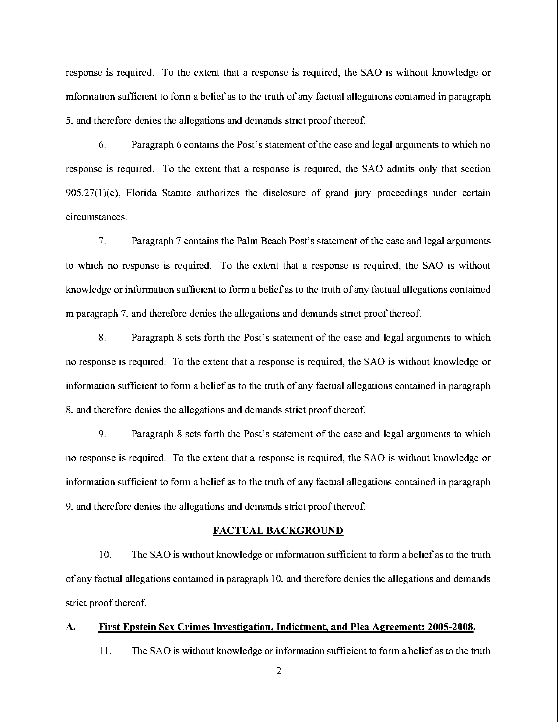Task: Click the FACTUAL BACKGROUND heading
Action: (278, 531)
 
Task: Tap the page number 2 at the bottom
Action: (279, 671)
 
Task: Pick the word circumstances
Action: (96, 217)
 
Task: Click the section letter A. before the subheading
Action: (70, 627)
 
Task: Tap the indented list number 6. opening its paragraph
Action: (102, 145)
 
